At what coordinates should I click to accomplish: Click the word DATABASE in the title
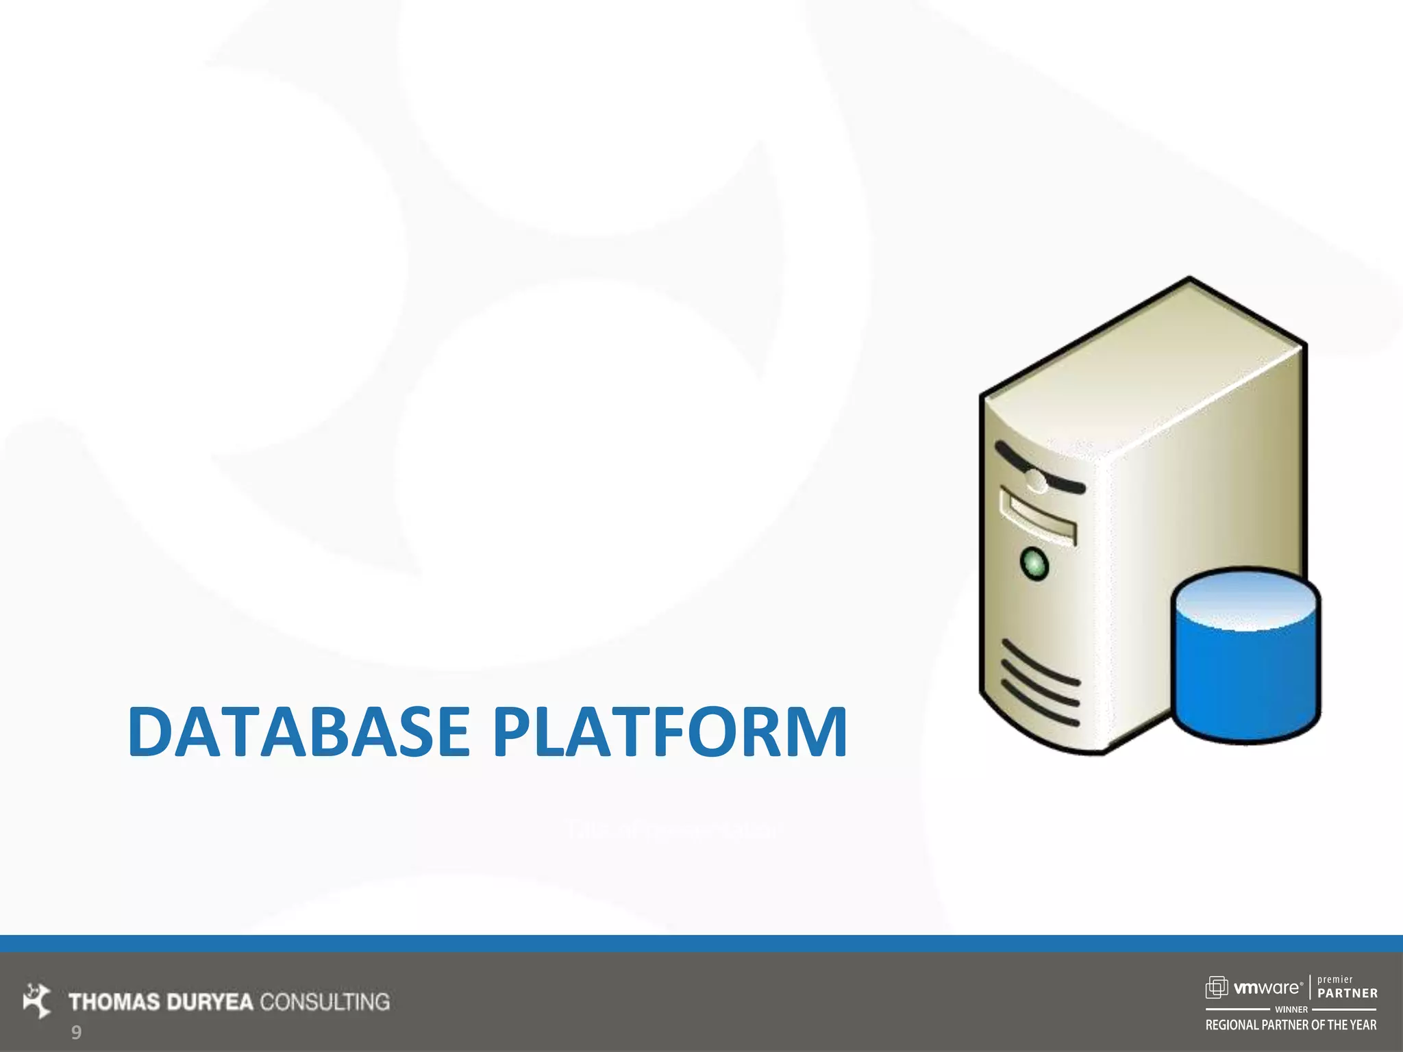click(x=298, y=731)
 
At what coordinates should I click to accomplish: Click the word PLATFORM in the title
click(x=670, y=731)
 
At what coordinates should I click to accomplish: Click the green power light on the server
click(x=1034, y=564)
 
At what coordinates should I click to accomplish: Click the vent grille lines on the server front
click(x=1040, y=684)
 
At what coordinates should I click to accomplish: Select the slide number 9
click(x=76, y=1032)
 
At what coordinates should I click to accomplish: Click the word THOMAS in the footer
click(x=114, y=1002)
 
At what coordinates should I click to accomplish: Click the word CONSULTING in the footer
click(x=325, y=1002)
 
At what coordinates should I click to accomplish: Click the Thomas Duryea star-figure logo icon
click(x=37, y=1000)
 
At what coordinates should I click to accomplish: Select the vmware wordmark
click(x=1267, y=988)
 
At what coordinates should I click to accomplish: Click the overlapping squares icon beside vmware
click(x=1217, y=987)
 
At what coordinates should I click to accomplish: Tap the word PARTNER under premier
click(x=1348, y=993)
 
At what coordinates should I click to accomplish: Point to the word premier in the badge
click(x=1335, y=979)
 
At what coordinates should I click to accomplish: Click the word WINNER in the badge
click(x=1291, y=1009)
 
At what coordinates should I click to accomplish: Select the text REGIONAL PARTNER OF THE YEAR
click(x=1291, y=1025)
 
